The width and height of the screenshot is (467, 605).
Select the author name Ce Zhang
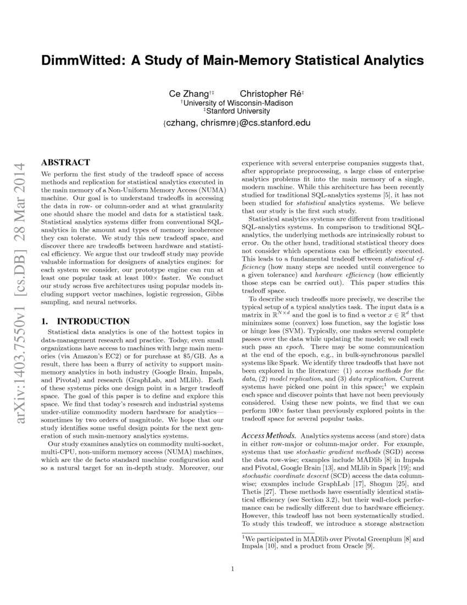tap(188, 94)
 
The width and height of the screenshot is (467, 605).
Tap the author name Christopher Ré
tap(271, 94)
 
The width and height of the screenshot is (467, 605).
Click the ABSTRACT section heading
tap(65, 163)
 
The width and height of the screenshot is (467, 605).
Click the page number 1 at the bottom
tap(233, 569)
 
